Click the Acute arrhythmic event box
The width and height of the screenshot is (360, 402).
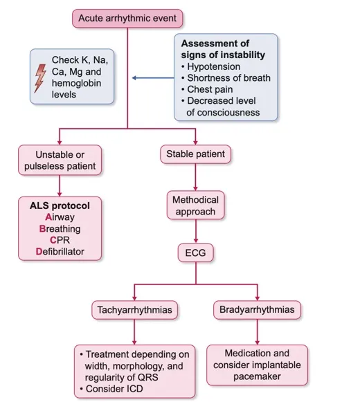click(x=127, y=19)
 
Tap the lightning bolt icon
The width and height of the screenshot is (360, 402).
click(x=40, y=78)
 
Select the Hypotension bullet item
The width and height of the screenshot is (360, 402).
click(x=211, y=66)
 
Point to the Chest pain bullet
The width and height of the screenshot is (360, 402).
click(x=207, y=89)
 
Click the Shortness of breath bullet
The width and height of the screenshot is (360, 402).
click(x=226, y=78)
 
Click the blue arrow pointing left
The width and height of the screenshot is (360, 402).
click(x=153, y=77)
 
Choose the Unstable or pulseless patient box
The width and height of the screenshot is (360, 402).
click(x=60, y=161)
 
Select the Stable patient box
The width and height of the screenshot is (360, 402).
click(x=195, y=154)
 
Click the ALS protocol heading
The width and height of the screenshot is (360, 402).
click(x=60, y=205)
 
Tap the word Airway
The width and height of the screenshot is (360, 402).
click(x=60, y=217)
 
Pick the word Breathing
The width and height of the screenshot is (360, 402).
click(x=60, y=229)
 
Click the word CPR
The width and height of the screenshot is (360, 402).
click(x=60, y=240)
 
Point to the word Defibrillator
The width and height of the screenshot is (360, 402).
click(x=60, y=251)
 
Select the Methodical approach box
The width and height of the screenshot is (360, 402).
click(x=195, y=205)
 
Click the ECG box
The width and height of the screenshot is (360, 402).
click(x=195, y=253)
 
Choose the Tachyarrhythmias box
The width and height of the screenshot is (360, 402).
click(x=134, y=310)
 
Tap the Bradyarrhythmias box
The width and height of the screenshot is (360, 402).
click(x=257, y=310)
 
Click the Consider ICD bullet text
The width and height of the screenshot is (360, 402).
click(x=111, y=389)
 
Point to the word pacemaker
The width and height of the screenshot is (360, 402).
click(x=257, y=376)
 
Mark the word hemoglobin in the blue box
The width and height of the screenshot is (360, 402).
click(x=76, y=83)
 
